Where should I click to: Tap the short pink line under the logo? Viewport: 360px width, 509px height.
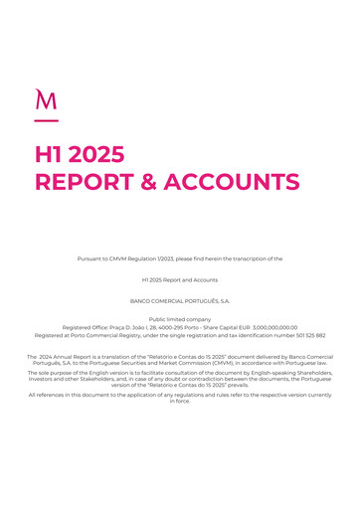point(46,121)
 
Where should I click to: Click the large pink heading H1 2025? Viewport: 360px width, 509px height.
point(80,154)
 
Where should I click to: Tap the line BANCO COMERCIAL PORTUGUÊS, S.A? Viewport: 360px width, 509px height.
point(180,299)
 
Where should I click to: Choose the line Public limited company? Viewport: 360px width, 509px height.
point(180,319)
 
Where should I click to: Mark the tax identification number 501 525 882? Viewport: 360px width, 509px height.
point(306,335)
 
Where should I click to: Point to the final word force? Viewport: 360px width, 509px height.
point(181,401)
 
